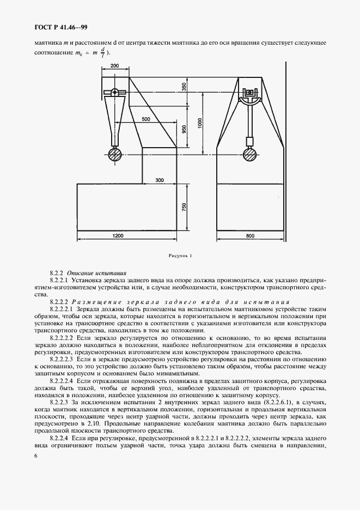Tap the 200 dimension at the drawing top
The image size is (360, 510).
point(114,65)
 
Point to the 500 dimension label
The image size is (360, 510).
point(145,118)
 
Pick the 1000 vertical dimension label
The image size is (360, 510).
point(200,124)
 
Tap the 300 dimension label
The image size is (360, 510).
point(159,179)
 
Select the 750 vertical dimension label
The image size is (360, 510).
point(184,208)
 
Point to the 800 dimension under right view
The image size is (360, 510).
point(250,235)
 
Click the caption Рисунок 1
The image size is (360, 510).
point(181,255)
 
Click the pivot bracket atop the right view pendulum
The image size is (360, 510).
point(251,94)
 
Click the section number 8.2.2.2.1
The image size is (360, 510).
point(63,308)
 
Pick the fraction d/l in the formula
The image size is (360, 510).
point(102,52)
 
